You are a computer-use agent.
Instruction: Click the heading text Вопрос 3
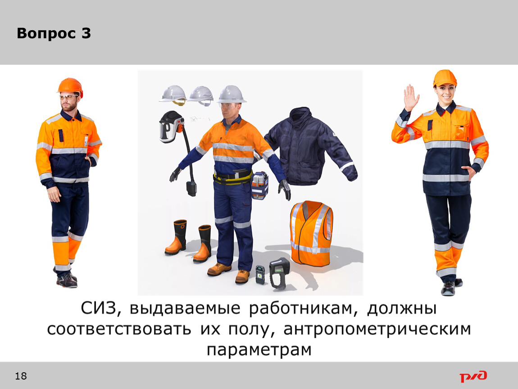coord(54,33)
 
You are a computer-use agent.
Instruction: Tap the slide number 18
coord(21,376)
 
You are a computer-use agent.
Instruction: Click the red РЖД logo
coord(473,376)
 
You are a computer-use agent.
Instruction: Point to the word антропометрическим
coord(377,329)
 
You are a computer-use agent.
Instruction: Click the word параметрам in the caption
coord(259,350)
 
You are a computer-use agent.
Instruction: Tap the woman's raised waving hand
coord(411,98)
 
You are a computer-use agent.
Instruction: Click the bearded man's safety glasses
coord(68,97)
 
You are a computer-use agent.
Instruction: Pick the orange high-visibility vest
coord(311,233)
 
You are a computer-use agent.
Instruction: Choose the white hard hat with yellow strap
coord(173,95)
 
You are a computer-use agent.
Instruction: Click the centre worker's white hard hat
coord(231,94)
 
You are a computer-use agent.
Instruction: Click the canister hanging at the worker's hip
coord(259,186)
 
